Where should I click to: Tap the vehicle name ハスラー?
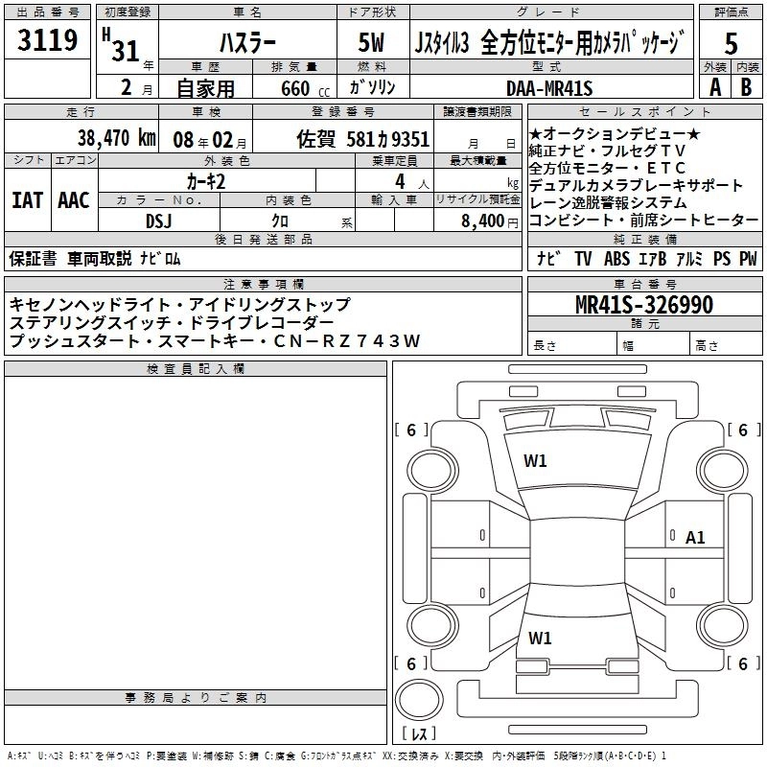[x=248, y=43]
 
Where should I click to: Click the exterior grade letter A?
[x=714, y=86]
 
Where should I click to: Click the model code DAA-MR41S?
[x=549, y=88]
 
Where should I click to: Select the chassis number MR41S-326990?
[x=644, y=305]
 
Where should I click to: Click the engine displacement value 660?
[x=294, y=89]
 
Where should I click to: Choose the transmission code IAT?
[x=26, y=200]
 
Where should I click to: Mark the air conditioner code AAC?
[x=73, y=200]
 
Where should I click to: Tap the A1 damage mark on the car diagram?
[x=695, y=538]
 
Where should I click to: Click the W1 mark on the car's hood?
[x=535, y=460]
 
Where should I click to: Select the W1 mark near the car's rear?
[x=540, y=638]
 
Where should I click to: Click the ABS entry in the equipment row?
[x=616, y=259]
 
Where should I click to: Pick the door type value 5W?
[x=373, y=43]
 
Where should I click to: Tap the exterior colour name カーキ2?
[x=206, y=180]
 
